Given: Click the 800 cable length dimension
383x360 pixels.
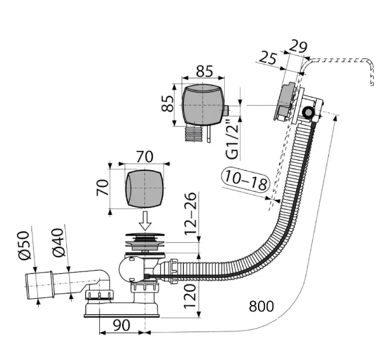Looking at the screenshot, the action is click(261, 306).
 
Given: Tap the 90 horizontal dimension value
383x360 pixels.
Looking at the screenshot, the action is click(122, 325).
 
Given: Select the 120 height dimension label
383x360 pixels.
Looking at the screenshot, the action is click(190, 295).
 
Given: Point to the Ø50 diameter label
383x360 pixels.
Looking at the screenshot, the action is click(23, 245).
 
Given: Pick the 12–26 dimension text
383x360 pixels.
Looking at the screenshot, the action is click(190, 214).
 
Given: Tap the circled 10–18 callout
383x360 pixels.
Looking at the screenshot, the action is click(246, 181).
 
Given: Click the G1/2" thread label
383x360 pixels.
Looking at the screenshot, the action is click(232, 139).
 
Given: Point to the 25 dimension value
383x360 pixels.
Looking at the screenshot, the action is click(268, 58).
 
